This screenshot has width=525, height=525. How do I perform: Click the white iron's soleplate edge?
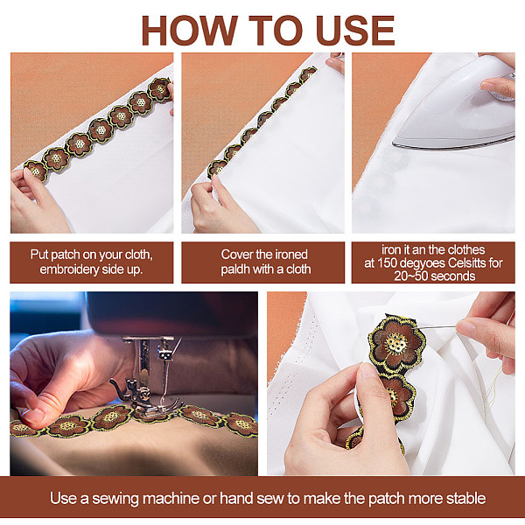click(x=452, y=143)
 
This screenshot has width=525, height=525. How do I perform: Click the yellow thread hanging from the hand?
click(x=492, y=388)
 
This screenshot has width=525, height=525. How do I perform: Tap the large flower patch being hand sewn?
click(x=396, y=344)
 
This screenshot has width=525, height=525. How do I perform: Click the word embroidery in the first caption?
click(x=69, y=269)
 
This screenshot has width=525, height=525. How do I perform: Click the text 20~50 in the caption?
click(x=411, y=276)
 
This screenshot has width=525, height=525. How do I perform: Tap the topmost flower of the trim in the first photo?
click(x=160, y=89)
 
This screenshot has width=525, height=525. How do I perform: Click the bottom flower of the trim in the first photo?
click(x=36, y=171)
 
